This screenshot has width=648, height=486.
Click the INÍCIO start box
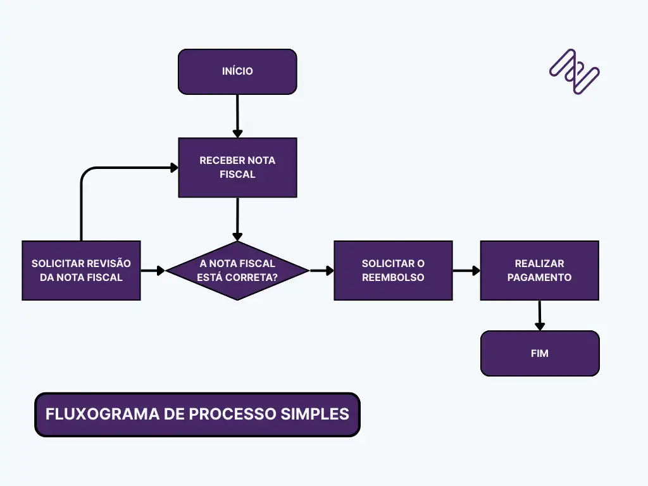coord(237,72)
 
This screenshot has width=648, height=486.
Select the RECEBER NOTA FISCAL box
coord(237,167)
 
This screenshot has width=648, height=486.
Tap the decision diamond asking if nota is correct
coord(237,270)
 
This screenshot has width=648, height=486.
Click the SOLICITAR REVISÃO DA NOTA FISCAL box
coord(81,270)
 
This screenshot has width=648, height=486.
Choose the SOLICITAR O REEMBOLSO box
coord(393,270)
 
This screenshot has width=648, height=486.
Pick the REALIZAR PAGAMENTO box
coord(539,270)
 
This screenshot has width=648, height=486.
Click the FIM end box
coord(539,353)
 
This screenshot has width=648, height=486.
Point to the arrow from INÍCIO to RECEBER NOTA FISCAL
coord(237,116)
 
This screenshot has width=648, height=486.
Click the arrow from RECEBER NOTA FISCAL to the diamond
coord(237,219)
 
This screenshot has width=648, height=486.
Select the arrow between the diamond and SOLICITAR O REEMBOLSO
coord(321,270)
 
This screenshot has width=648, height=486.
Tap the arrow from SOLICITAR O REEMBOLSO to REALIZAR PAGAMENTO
coord(466,270)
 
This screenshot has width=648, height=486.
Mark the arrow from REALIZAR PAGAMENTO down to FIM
coord(539,315)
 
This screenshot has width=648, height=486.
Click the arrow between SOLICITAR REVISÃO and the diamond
coord(153,270)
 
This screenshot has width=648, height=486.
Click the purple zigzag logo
coord(574,72)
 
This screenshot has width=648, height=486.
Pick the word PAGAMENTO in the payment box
coord(539,277)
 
